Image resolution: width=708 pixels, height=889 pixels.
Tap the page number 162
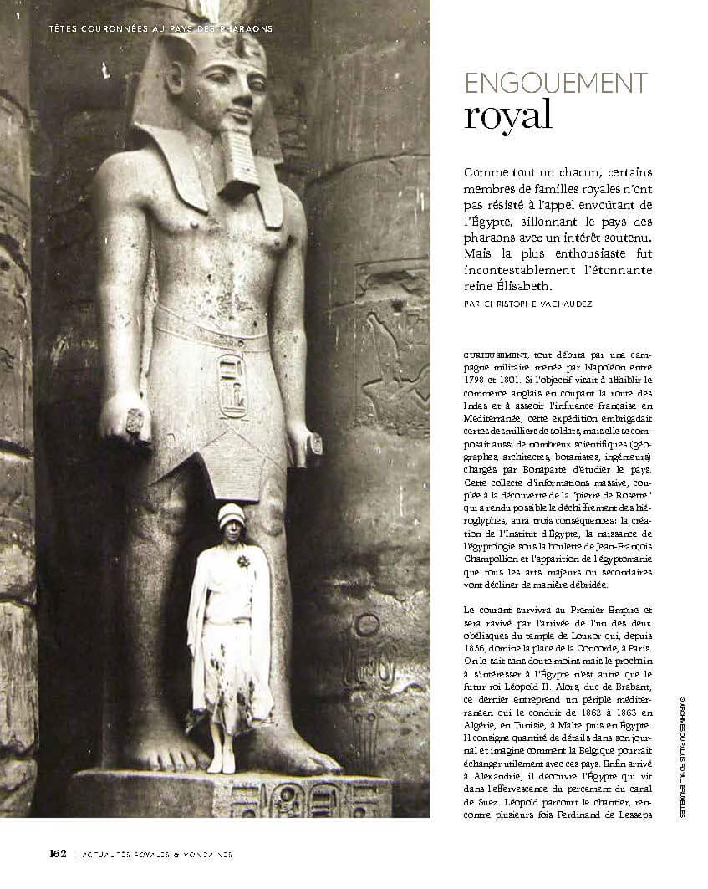(x=57, y=854)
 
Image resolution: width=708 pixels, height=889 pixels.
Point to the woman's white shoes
(x=221, y=763)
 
